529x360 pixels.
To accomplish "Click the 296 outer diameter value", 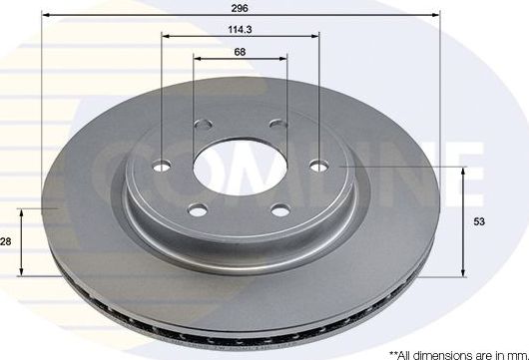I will [240, 6].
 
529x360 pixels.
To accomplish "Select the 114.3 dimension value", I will [240, 29].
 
